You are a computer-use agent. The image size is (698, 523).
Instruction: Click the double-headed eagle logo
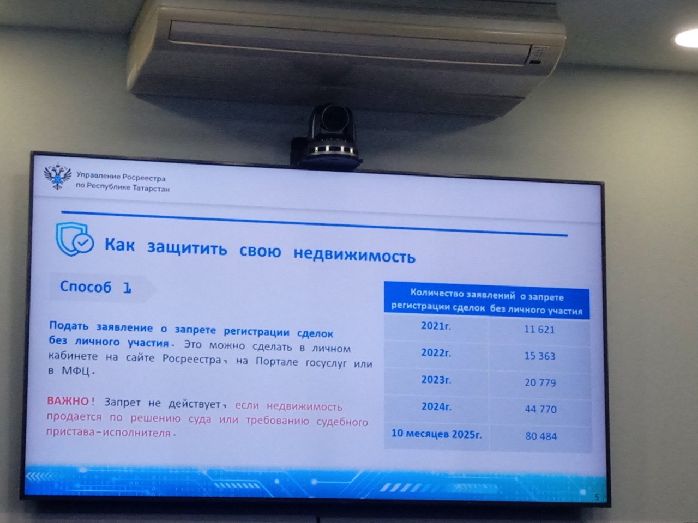pyautogui.click(x=58, y=176)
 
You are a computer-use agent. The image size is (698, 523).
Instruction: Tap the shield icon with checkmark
pyautogui.click(x=74, y=239)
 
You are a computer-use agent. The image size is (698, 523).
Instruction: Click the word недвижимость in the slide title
pyautogui.click(x=354, y=254)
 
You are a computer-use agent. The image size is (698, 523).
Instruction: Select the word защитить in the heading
pyautogui.click(x=187, y=248)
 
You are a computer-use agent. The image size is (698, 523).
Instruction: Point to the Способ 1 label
pyautogui.click(x=95, y=287)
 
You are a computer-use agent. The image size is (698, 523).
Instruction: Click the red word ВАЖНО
pyautogui.click(x=68, y=401)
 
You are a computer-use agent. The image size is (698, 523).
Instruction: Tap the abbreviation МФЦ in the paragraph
pyautogui.click(x=76, y=370)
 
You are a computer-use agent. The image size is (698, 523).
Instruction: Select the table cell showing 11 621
pyautogui.click(x=539, y=330)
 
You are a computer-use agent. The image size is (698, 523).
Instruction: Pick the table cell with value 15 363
pyautogui.click(x=540, y=356)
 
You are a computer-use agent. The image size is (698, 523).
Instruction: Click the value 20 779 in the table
pyautogui.click(x=540, y=382)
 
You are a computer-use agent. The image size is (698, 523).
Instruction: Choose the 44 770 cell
pyautogui.click(x=540, y=409)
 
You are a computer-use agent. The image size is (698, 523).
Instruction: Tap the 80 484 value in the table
pyautogui.click(x=541, y=436)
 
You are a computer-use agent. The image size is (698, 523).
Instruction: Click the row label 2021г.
pyautogui.click(x=436, y=326)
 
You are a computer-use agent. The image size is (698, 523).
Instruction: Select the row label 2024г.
pyautogui.click(x=436, y=406)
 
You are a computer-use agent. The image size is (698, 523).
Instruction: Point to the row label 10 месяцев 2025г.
pyautogui.click(x=436, y=434)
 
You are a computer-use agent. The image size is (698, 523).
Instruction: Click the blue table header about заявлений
pyautogui.click(x=487, y=301)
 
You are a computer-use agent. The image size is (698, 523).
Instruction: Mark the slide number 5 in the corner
pyautogui.click(x=597, y=497)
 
